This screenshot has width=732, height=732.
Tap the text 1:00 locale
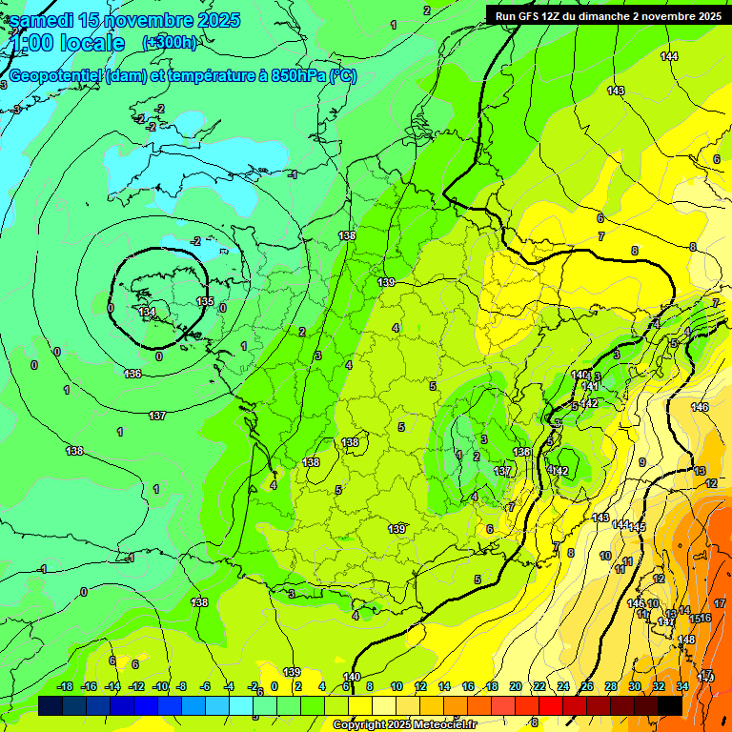click(x=68, y=44)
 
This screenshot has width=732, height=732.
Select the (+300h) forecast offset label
click(x=169, y=43)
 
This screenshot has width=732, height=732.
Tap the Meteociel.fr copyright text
click(x=404, y=725)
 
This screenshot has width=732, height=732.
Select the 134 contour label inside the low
click(x=146, y=312)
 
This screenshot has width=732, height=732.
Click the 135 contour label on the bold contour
click(x=205, y=301)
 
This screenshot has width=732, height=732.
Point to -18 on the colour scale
click(x=65, y=686)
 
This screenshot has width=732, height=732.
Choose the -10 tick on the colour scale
click(x=160, y=686)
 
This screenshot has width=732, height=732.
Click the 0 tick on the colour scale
click(x=274, y=686)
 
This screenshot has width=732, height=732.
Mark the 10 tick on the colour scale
click(x=396, y=686)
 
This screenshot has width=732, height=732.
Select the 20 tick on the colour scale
click(x=515, y=686)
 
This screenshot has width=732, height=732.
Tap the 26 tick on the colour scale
click(x=586, y=686)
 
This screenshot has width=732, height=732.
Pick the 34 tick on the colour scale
click(x=681, y=686)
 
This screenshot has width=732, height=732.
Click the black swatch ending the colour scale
click(x=670, y=705)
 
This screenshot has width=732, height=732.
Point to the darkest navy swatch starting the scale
click(x=51, y=705)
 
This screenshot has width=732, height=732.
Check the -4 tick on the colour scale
click(x=229, y=686)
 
